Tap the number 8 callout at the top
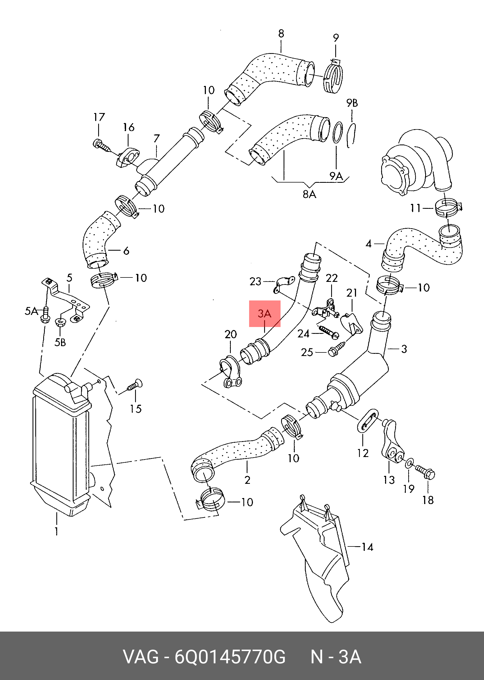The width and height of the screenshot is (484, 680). [281, 33]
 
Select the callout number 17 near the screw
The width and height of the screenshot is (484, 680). [99, 117]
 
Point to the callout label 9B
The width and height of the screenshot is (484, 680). [352, 103]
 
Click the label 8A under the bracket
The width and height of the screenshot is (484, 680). [309, 195]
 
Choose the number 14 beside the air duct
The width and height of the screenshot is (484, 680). [367, 547]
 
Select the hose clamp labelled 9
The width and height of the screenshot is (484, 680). [333, 78]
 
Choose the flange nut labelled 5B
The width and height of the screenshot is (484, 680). [61, 322]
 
